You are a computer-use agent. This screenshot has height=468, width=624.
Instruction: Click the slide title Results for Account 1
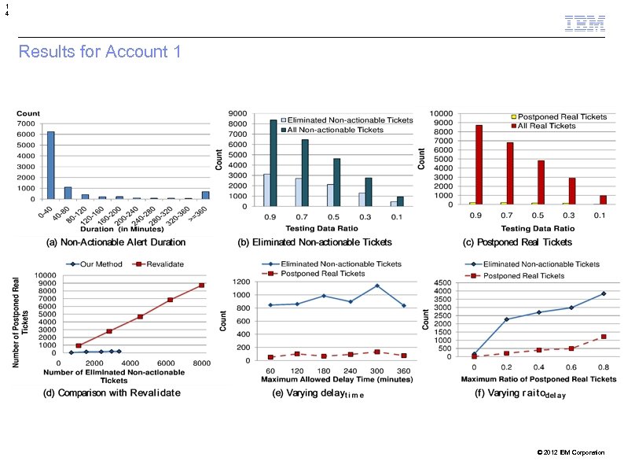click(x=100, y=52)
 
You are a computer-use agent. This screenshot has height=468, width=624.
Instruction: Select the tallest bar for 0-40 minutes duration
click(x=50, y=165)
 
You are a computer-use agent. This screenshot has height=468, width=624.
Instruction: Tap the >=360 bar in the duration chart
click(x=205, y=194)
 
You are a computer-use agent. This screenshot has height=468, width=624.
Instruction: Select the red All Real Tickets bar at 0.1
click(x=602, y=200)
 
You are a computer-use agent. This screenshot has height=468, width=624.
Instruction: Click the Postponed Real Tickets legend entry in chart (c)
click(x=563, y=116)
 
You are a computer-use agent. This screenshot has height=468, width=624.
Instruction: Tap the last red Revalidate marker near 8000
click(x=201, y=286)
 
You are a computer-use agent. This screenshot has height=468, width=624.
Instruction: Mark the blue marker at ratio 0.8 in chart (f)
click(x=604, y=293)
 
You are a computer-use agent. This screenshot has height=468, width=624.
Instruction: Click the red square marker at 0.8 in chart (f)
click(x=604, y=337)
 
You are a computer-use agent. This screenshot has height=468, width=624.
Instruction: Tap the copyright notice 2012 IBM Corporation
click(x=571, y=452)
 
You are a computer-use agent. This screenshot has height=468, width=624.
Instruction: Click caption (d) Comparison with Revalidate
click(x=111, y=392)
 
